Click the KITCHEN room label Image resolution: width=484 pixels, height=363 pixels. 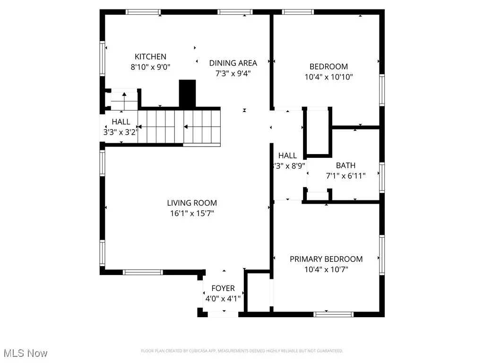click(150, 57)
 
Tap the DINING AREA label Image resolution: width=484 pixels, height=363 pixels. click(233, 63)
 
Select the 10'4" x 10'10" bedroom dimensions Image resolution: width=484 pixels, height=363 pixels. click(328, 77)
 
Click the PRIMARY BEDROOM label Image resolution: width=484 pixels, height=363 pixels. click(326, 259)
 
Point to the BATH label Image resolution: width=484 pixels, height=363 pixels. click(346, 165)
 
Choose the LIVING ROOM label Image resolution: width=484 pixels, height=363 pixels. click(191, 203)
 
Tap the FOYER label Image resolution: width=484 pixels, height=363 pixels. click(223, 288)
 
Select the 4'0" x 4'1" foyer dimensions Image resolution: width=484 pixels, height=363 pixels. click(223, 299)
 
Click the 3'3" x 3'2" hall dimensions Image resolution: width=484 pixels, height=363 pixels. click(121, 133)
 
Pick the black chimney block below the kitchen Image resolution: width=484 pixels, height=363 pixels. click(187, 94)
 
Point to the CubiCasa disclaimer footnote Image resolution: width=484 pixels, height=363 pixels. click(242, 351)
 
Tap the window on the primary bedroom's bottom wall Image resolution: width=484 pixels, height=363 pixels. click(334, 314)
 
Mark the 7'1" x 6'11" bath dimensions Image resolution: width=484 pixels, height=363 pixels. click(346, 175)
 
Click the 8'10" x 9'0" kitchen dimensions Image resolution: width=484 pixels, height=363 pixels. click(150, 67)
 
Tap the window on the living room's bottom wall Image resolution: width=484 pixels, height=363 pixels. click(143, 272)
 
